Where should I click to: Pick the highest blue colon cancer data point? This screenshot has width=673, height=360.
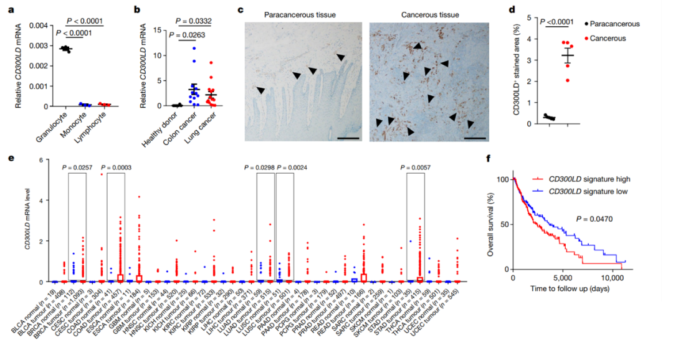(x=194, y=48)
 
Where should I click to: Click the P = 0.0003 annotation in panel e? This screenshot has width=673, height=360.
(x=117, y=168)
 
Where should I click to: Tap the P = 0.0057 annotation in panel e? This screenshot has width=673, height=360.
(x=416, y=168)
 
